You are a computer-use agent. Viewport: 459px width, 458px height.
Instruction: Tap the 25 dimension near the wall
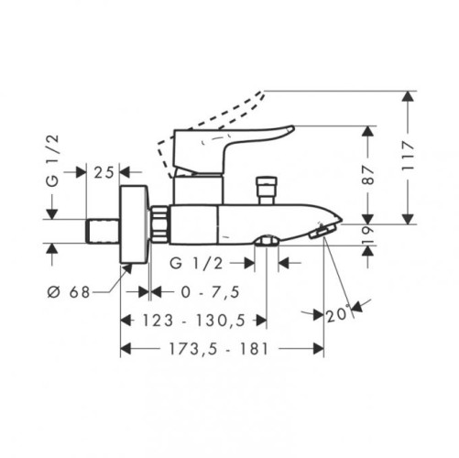pyautogui.click(x=104, y=171)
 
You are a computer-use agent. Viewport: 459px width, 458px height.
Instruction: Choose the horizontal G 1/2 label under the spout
pyautogui.click(x=197, y=263)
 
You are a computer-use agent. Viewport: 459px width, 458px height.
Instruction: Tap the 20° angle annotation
pyautogui.click(x=338, y=313)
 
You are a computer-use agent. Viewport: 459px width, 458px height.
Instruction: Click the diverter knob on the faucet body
pyautogui.click(x=268, y=190)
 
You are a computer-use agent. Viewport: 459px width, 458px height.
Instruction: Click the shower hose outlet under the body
pyautogui.click(x=266, y=241)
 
